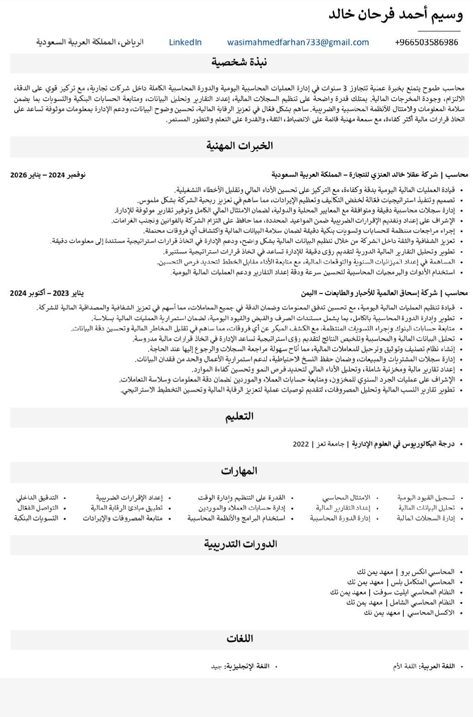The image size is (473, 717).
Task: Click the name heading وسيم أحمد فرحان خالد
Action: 395,15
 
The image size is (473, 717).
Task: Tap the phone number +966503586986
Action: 426,43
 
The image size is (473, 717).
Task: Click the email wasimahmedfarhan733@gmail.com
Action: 298,43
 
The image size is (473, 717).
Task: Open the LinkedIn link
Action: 185,43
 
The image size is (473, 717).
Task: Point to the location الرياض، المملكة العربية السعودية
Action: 90,43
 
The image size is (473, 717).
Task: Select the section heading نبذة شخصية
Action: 239,62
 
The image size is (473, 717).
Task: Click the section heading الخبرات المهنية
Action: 239,146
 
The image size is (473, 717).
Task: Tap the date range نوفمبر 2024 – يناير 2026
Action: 48,175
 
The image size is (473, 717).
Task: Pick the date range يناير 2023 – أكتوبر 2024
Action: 47,293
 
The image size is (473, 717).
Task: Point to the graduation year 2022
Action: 301,444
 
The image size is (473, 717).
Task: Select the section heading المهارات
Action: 239,471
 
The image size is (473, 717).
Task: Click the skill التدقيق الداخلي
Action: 37,498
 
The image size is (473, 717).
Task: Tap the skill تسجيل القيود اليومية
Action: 426,498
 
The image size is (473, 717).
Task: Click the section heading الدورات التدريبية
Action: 240,544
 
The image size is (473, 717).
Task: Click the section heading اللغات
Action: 240,639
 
